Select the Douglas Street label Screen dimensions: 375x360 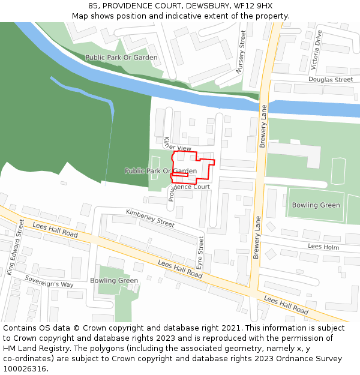[331, 79]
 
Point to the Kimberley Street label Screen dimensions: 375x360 [150, 218]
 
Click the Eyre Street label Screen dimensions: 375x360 [201, 253]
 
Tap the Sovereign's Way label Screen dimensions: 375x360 [49, 281]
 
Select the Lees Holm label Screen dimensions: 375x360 [323, 247]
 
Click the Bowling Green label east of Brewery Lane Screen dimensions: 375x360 [316, 205]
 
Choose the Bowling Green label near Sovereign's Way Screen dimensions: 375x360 [114, 280]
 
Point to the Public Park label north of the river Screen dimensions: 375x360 [121, 58]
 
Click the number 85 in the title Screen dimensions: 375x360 [94, 5]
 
